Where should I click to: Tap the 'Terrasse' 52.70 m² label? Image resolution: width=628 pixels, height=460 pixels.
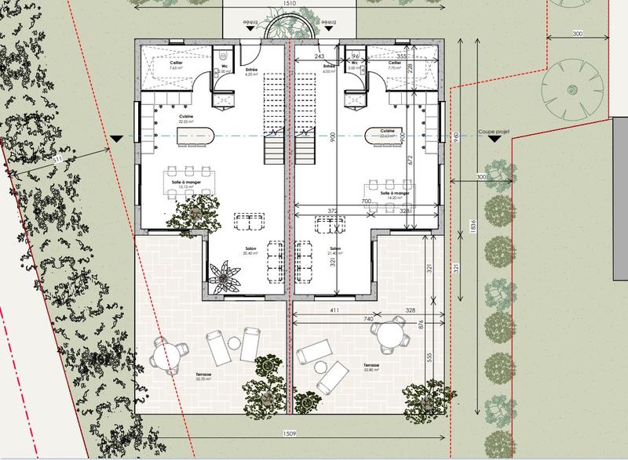coord(204,376)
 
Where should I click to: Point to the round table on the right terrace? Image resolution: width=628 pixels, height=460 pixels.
coord(389,338)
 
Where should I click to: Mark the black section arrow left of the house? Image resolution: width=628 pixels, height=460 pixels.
coord(117,139)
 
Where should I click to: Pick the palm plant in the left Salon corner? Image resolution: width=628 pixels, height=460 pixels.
coord(225,276)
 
